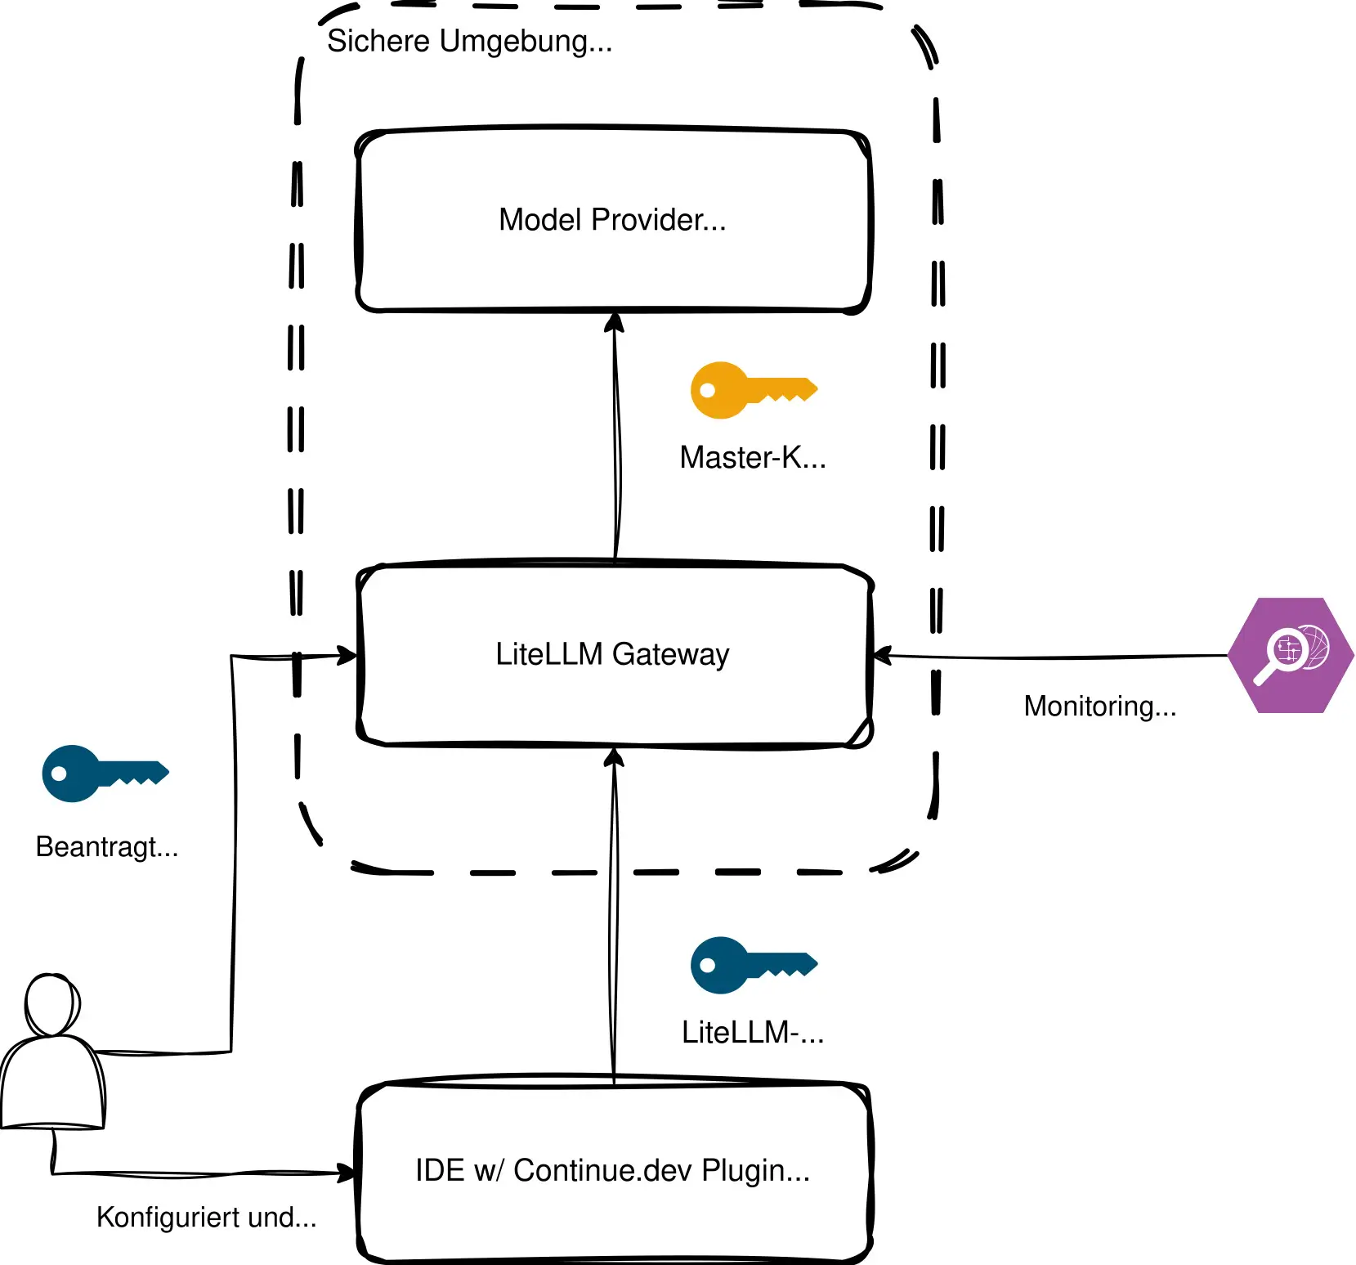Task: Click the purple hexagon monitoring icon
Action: [1291, 655]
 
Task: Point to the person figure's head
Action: [52, 1004]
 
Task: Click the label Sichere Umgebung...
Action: [469, 41]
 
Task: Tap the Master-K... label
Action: [753, 458]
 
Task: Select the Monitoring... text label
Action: [1099, 706]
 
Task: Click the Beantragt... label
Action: [107, 846]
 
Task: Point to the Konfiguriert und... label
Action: [206, 1218]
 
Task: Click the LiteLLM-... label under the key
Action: [753, 1033]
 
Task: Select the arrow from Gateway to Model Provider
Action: [617, 442]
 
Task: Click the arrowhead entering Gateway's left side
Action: [349, 655]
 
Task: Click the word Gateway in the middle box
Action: [670, 654]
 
